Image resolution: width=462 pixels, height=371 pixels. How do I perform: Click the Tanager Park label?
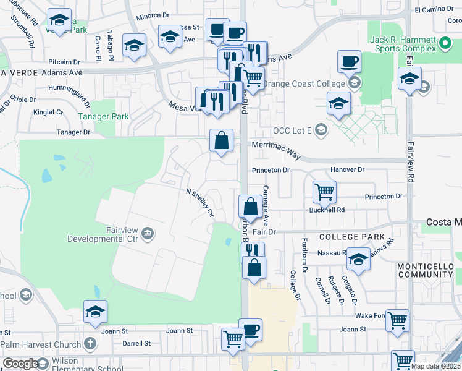click(x=103, y=116)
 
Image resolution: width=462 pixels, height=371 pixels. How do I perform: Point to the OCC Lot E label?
click(x=293, y=130)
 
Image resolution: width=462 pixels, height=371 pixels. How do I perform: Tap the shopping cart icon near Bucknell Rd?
click(x=324, y=192)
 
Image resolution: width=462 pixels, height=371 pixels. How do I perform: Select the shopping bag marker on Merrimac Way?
click(x=221, y=140)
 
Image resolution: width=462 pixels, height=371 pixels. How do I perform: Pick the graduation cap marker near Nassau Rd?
click(x=358, y=259)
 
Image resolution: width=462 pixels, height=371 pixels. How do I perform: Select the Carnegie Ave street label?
click(x=266, y=205)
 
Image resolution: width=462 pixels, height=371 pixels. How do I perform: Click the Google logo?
click(x=20, y=364)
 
